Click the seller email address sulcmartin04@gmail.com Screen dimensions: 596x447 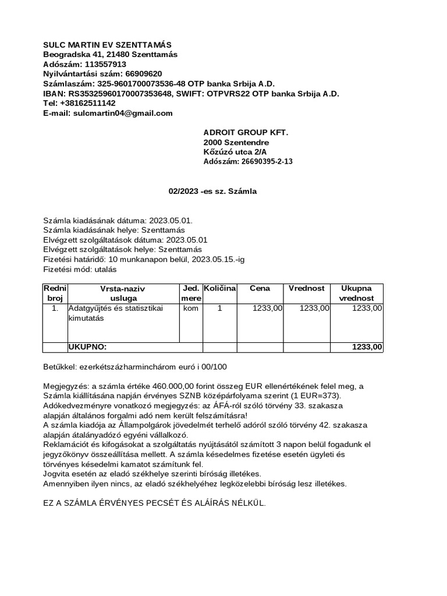click(x=123, y=113)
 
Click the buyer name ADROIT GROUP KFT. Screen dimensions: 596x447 click(x=246, y=133)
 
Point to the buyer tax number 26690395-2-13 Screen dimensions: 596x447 click(x=266, y=162)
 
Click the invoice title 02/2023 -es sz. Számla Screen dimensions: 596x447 click(x=212, y=191)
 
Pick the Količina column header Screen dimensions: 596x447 click(x=219, y=289)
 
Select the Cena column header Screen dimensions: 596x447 click(x=260, y=288)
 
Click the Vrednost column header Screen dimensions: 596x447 click(x=307, y=288)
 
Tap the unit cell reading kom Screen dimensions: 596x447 click(x=190, y=308)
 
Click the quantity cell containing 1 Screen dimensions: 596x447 click(x=219, y=308)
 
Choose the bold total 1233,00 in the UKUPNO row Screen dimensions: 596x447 click(x=367, y=347)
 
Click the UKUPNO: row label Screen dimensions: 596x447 click(x=87, y=347)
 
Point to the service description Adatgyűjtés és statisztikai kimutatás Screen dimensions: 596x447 click(x=116, y=314)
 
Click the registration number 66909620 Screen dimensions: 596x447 click(x=144, y=74)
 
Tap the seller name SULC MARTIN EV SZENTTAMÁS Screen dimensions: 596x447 click(x=108, y=45)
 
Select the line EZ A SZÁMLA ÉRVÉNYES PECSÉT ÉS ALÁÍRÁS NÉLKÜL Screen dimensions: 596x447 click(x=154, y=503)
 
